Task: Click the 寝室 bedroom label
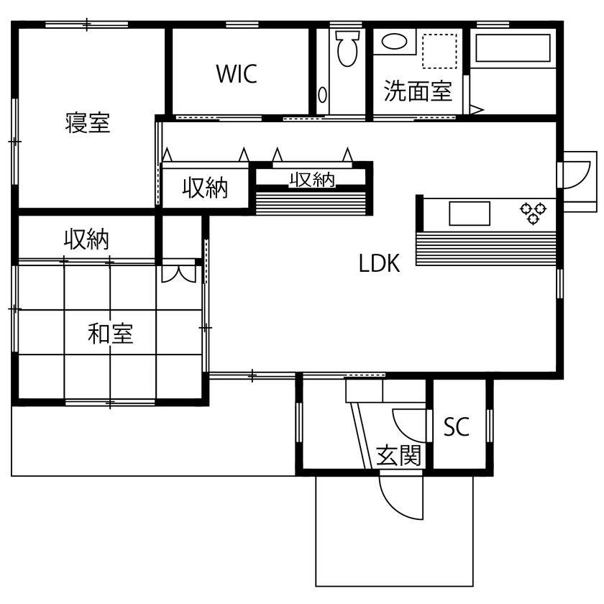[x=88, y=123]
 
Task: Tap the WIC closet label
[x=237, y=74]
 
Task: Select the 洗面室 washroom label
[x=418, y=91]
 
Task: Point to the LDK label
[x=379, y=264]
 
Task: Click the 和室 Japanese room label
[x=110, y=334]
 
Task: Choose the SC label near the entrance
[x=456, y=427]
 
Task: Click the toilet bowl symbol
[x=347, y=48]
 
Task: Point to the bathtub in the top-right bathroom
[x=513, y=49]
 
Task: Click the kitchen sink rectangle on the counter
[x=469, y=213]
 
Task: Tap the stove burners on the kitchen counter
[x=534, y=214]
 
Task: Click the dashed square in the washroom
[x=440, y=50]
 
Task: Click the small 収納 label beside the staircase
[x=312, y=179]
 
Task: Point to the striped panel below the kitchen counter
[x=485, y=249]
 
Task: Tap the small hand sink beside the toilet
[x=323, y=94]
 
